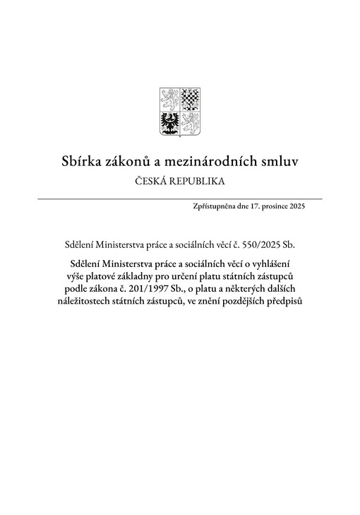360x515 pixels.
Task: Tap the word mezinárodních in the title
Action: coord(211,162)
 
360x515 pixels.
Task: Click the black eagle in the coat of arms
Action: coord(169,122)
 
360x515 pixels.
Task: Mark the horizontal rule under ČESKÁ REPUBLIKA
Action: coord(179,199)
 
